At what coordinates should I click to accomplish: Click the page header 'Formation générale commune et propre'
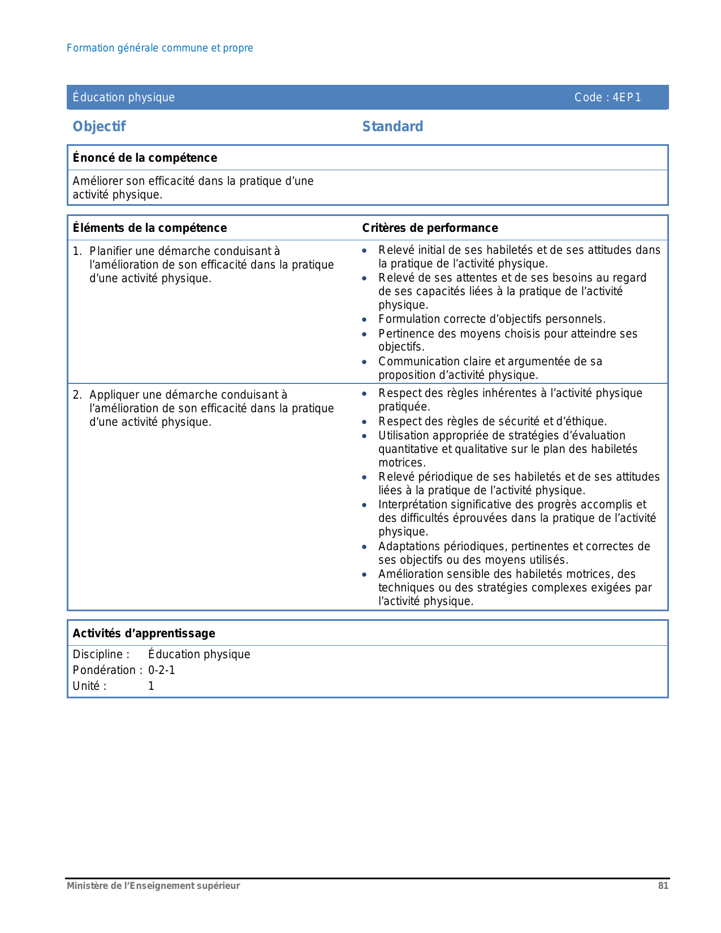pyautogui.click(x=159, y=48)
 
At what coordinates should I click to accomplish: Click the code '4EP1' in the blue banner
pyautogui.click(x=627, y=97)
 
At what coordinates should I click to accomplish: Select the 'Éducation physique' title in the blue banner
pyautogui.click(x=123, y=97)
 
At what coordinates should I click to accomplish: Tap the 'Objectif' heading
pyautogui.click(x=99, y=127)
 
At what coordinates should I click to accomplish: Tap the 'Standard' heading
pyautogui.click(x=392, y=127)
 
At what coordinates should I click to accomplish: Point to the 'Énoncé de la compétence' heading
pyautogui.click(x=145, y=158)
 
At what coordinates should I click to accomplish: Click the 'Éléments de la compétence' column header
pyautogui.click(x=149, y=228)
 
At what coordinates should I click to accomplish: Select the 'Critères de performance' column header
pyautogui.click(x=430, y=228)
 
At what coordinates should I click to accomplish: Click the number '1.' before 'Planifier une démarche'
pyautogui.click(x=77, y=251)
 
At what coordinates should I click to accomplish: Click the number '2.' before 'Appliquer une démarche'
pyautogui.click(x=77, y=395)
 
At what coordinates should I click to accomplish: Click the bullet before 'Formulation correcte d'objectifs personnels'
pyautogui.click(x=365, y=320)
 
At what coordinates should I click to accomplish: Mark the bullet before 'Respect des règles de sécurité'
pyautogui.click(x=365, y=422)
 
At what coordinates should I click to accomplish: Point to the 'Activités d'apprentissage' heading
pyautogui.click(x=144, y=633)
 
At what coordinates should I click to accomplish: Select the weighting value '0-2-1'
pyautogui.click(x=162, y=670)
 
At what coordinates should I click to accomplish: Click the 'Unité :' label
pyautogui.click(x=89, y=686)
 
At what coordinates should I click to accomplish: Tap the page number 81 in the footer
pyautogui.click(x=663, y=886)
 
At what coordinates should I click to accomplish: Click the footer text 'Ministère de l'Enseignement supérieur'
pyautogui.click(x=153, y=886)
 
